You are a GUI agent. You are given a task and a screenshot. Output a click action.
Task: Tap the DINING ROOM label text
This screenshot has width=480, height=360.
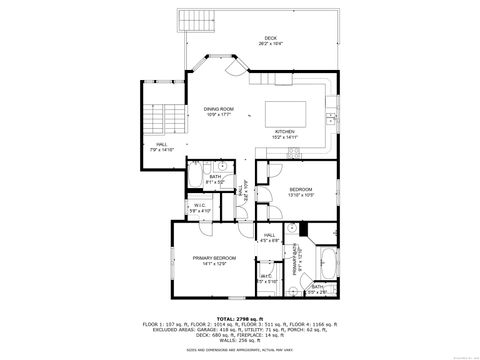[218, 111]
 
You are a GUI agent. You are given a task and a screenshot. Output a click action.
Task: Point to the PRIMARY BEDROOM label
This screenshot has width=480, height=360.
[211, 260]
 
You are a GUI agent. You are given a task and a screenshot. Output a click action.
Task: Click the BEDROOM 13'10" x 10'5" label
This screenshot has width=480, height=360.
[301, 191]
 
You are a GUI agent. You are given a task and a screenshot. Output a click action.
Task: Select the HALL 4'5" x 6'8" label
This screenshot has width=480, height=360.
[270, 237]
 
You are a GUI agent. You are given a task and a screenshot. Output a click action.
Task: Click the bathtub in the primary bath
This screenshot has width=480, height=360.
[325, 265]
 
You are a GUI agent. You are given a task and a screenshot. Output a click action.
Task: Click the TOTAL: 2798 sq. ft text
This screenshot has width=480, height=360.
[239, 319]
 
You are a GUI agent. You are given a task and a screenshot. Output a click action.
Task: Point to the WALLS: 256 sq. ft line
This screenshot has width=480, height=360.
[239, 342]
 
